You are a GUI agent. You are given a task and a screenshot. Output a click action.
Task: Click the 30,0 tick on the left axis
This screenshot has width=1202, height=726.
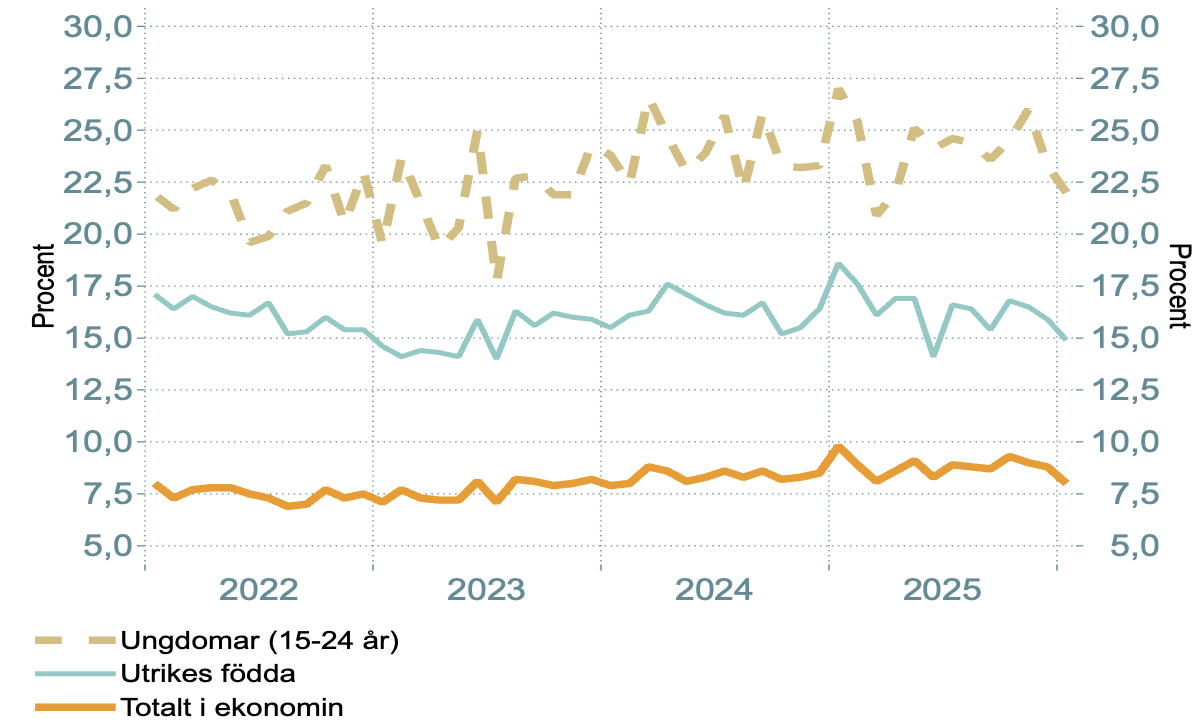tap(98, 26)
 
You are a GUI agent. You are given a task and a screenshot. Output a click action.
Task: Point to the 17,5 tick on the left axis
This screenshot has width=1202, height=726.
tap(98, 286)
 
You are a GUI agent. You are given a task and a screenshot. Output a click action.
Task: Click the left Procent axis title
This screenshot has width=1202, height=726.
tap(43, 286)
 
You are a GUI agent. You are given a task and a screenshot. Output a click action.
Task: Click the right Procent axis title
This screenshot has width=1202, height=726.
tap(1181, 286)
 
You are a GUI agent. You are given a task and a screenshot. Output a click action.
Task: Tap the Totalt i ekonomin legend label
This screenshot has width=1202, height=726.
tap(232, 707)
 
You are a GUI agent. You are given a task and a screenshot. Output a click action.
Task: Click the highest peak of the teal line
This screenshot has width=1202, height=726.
tap(839, 264)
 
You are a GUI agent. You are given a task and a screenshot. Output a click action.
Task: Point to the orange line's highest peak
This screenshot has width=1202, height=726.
tap(839, 447)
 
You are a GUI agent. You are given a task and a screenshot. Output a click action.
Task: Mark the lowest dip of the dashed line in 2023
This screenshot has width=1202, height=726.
tap(497, 274)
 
